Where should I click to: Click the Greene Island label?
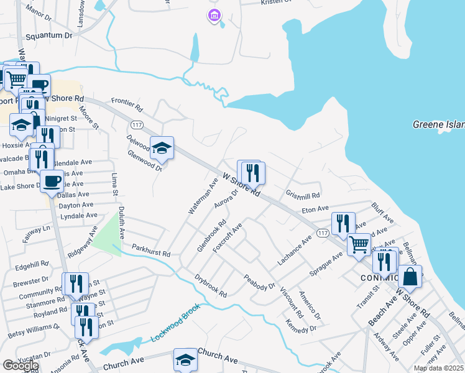439,125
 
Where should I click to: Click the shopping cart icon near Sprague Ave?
359,245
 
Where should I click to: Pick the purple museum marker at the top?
214,16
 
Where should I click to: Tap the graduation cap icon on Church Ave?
185,359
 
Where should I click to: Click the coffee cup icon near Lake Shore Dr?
51,182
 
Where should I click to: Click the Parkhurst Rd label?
151,253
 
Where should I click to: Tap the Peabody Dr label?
259,282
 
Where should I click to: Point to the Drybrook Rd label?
211,285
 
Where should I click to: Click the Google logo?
21,366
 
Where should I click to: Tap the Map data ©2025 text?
438,368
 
